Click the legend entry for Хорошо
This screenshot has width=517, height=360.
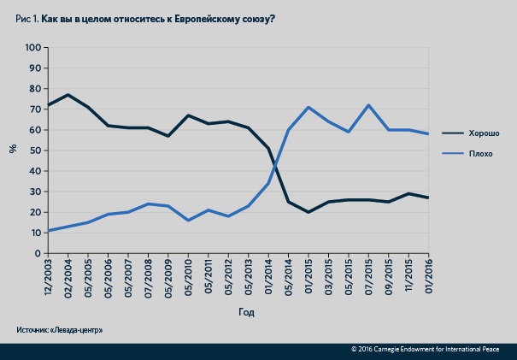481,133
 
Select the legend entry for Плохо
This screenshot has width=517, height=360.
479,154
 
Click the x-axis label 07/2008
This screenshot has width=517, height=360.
149,276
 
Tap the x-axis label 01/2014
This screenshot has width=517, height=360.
268,276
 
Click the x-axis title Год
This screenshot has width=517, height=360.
246,312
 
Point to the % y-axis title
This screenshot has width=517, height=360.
12,149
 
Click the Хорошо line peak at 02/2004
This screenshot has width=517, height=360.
68,95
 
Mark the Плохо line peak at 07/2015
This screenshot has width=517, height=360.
368,105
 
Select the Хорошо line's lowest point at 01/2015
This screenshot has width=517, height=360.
308,212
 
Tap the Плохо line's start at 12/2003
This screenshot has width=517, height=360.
48,231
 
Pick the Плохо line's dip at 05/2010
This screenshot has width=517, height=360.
188,221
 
